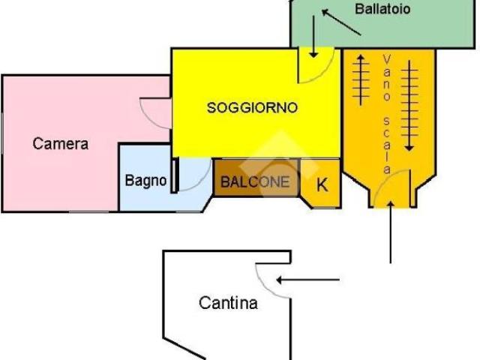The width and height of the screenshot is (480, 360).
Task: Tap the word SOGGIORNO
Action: click(x=252, y=108)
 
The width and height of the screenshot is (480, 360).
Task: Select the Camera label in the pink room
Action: click(x=61, y=143)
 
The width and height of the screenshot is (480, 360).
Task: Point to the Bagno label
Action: click(x=145, y=181)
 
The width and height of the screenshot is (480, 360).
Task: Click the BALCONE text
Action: click(x=255, y=182)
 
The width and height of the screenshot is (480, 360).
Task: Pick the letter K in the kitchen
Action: click(x=322, y=184)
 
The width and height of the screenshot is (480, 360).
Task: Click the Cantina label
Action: click(x=228, y=303)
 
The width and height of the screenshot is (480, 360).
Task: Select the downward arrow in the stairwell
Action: click(x=409, y=105)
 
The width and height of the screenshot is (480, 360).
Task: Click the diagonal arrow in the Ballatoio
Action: click(x=340, y=22)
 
